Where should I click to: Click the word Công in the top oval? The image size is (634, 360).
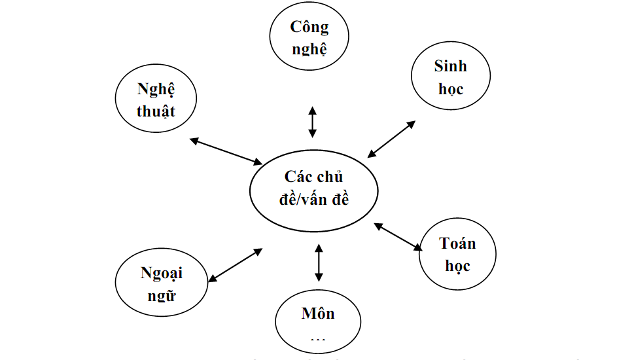tap(309, 27)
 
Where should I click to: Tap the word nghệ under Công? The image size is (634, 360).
tap(309, 48)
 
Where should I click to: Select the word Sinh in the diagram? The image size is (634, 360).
tap(451, 66)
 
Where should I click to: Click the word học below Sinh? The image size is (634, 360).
tap(451, 88)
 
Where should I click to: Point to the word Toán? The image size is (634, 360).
tap(457, 243)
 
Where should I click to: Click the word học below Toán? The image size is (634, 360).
tap(457, 265)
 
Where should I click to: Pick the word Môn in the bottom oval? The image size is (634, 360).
tap(318, 313)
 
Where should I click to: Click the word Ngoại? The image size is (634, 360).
tap(161, 273)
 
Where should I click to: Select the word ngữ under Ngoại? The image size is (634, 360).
tap(161, 295)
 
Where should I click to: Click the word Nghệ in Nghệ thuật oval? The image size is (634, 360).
tap(156, 90)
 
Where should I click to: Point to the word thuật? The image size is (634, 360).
tap(156, 111)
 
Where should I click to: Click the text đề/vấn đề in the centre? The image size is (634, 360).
tap(313, 199)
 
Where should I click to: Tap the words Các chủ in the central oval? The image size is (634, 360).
tap(313, 177)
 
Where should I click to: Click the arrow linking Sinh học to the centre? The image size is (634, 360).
tap(391, 139)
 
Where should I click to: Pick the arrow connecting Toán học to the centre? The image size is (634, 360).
tap(398, 237)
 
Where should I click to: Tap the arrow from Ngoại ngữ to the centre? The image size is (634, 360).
tap(235, 264)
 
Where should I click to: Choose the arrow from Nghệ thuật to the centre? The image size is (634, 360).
tap(226, 151)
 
